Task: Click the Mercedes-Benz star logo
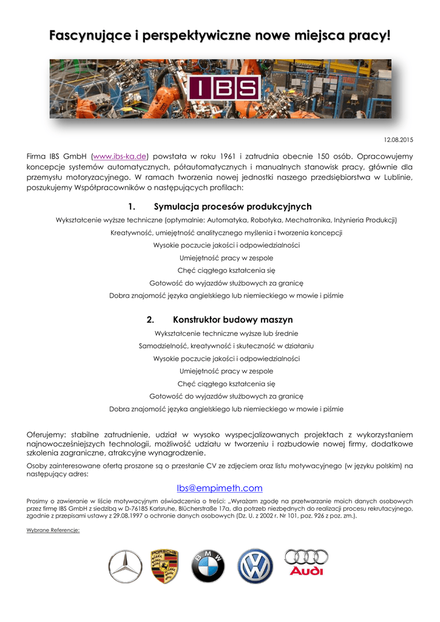125,567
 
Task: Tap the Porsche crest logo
164,566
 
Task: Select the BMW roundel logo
208,567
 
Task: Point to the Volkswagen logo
255,566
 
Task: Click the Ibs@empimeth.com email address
220,488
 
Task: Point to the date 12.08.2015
399,140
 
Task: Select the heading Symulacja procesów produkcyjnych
233,207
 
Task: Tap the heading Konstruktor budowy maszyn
233,320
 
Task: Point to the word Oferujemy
47,434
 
